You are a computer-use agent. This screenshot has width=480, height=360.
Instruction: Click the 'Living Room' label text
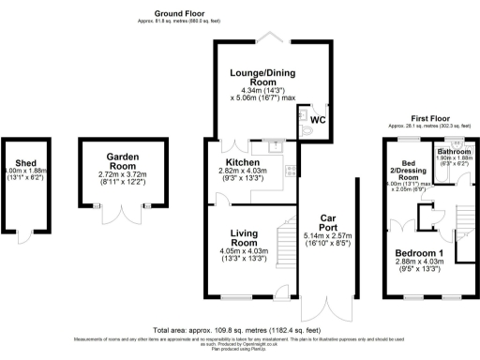click(243, 238)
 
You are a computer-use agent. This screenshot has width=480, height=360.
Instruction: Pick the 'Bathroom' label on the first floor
click(452, 150)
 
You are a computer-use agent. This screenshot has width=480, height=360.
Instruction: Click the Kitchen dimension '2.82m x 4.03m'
click(243, 171)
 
